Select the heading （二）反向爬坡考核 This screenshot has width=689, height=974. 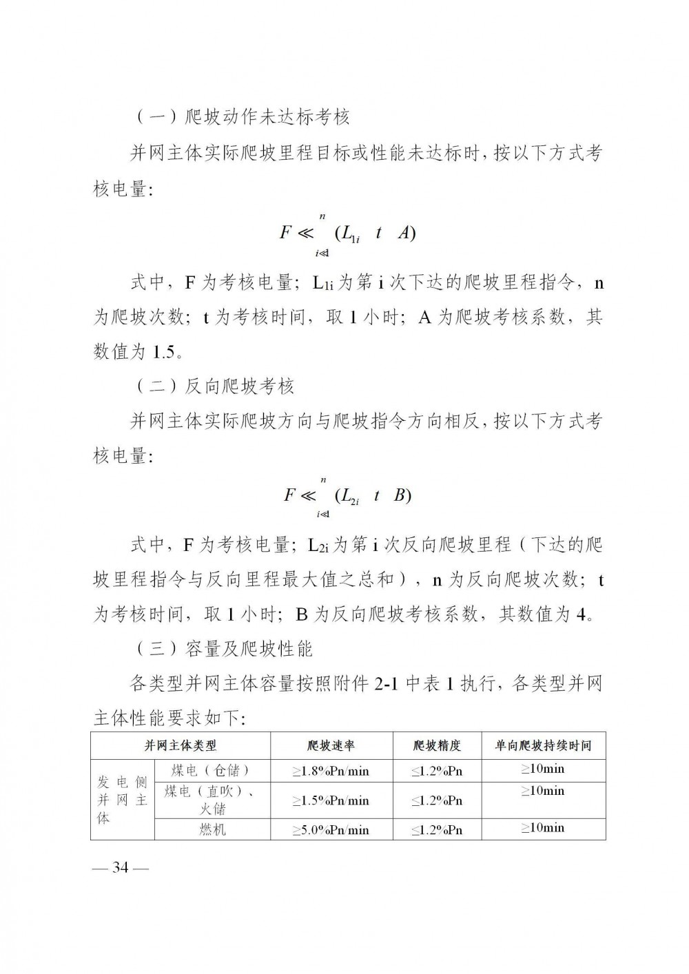tap(213, 386)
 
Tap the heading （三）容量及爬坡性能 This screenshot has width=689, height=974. tap(223, 648)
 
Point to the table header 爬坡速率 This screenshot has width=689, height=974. tap(331, 745)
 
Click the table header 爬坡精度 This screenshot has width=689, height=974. tap(437, 745)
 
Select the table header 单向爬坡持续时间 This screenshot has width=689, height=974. tap(544, 745)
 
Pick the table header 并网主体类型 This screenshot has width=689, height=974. tap(181, 745)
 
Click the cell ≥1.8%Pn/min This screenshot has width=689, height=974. tap(331, 771)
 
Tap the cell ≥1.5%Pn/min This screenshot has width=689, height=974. tap(331, 800)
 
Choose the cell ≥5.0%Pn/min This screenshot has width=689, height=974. tap(331, 830)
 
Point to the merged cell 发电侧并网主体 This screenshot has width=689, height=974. tap(123, 800)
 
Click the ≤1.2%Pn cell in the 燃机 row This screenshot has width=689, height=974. tap(437, 830)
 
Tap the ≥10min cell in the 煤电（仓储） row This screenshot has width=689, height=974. tap(544, 769)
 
